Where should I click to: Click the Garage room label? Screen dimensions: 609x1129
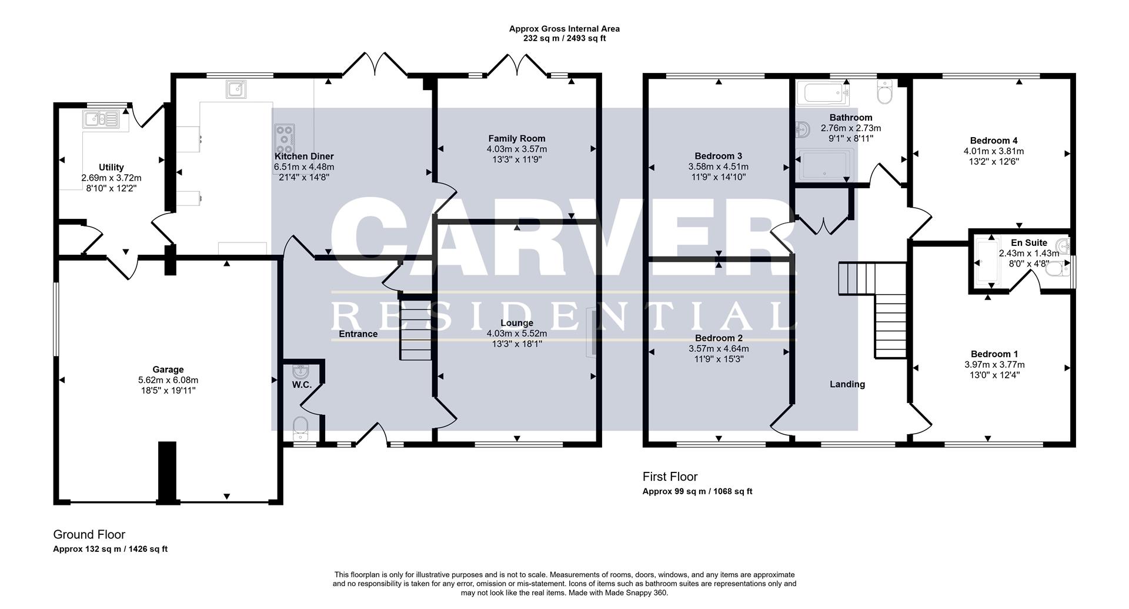[168, 370]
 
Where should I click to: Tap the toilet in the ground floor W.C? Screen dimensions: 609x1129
[300, 427]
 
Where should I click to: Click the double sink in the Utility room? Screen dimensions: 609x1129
[101, 120]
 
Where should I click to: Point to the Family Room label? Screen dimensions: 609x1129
[516, 139]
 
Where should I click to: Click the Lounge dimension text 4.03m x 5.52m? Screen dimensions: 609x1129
[516, 334]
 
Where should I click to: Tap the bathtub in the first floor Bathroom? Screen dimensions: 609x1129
[823, 93]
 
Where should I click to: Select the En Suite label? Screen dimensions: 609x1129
[1028, 242]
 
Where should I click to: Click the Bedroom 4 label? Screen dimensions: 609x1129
[993, 141]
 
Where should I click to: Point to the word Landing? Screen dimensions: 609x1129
[847, 384]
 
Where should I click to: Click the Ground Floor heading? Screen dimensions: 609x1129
[89, 534]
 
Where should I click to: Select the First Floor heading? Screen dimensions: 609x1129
[670, 477]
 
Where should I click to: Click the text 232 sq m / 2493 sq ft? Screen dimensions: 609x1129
[564, 38]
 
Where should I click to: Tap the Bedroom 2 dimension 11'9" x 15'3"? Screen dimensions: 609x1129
[719, 359]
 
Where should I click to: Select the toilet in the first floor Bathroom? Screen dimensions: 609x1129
[884, 92]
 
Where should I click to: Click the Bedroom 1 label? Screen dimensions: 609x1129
[994, 354]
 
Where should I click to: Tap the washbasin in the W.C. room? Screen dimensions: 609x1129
[300, 372]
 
